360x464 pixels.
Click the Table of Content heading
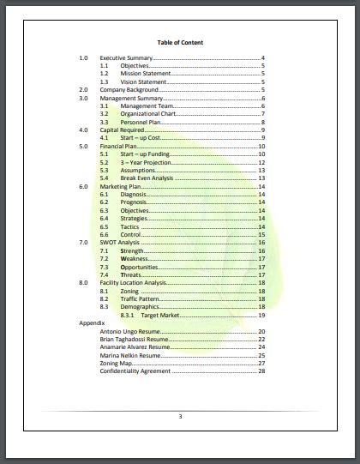pos(180,42)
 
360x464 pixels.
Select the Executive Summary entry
pos(120,57)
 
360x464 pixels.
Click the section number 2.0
pos(84,90)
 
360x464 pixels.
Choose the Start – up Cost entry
pos(139,138)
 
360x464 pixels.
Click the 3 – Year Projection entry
pos(145,162)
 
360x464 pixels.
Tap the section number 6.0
pos(84,186)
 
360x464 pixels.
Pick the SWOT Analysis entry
pos(119,243)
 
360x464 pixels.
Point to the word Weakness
pos(135,258)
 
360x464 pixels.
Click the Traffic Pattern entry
pos(141,298)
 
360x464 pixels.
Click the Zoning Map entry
pos(116,363)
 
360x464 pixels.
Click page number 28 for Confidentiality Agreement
pos(261,371)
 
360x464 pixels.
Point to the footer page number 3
pos(180,417)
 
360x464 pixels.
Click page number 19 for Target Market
pos(261,315)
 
